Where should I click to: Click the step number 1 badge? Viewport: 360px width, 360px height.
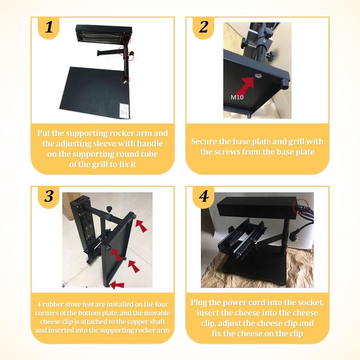(49, 28)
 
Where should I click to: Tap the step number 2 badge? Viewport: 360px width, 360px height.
(203, 28)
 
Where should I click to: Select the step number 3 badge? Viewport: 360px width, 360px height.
(49, 197)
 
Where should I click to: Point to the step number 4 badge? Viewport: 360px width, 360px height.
(204, 197)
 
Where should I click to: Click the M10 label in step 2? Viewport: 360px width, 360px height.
(237, 97)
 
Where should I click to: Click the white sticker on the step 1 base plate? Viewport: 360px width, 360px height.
(124, 111)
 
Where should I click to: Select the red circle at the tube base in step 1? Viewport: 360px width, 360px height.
(125, 80)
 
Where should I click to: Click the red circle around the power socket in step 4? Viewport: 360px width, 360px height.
(301, 206)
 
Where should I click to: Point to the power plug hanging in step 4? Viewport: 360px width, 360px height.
(293, 236)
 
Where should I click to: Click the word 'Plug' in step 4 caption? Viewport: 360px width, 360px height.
(199, 303)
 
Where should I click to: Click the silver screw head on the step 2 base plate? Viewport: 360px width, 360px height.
(258, 76)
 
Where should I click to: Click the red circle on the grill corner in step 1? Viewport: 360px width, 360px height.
(126, 39)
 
